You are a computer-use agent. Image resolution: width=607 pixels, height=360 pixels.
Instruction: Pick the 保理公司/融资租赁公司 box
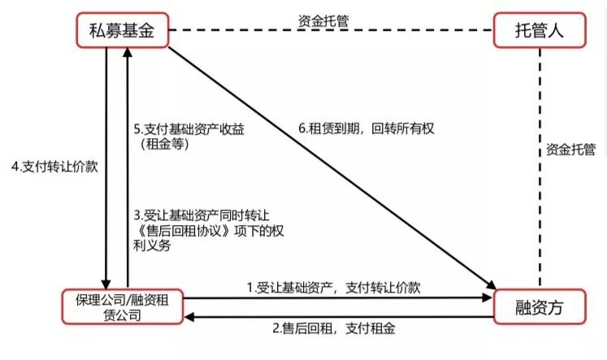[124, 306]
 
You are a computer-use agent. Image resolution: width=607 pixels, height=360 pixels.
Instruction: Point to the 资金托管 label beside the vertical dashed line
[570, 150]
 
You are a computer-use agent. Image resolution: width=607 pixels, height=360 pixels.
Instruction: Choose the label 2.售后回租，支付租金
[337, 328]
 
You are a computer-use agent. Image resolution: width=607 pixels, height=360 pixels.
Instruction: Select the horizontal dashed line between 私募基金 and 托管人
[334, 33]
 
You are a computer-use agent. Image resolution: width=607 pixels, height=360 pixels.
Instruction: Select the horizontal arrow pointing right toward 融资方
[341, 299]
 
